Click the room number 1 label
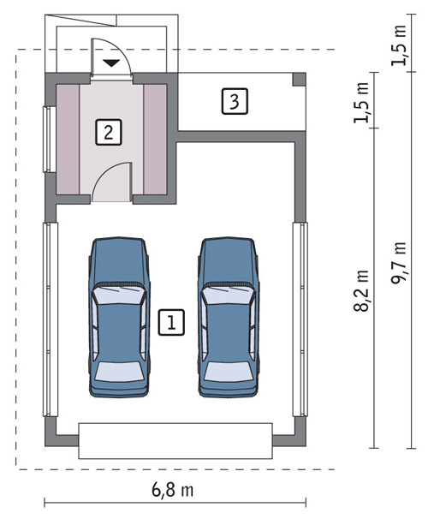click(x=171, y=322)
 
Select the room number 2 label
click(x=109, y=132)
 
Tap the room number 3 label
click(x=235, y=101)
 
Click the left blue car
click(x=119, y=317)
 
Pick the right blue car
click(x=229, y=317)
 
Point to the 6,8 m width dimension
click(x=173, y=490)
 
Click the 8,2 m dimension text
click(x=361, y=291)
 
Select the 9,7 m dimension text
click(x=398, y=263)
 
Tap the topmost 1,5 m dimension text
click(x=399, y=45)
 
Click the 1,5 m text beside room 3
click(x=361, y=103)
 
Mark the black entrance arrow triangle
click(x=110, y=63)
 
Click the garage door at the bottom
click(x=175, y=440)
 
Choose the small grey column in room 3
click(x=299, y=80)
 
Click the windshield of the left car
click(x=119, y=295)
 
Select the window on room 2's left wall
click(x=50, y=140)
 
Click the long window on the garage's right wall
click(x=300, y=319)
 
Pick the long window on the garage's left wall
click(x=51, y=319)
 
